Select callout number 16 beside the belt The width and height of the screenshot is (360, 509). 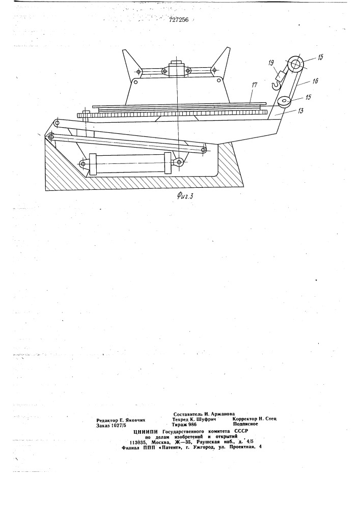click(315, 81)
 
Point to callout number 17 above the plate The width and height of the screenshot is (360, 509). click(254, 85)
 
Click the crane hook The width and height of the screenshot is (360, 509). click(275, 86)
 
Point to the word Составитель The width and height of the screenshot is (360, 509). click(188, 414)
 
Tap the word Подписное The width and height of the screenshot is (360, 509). click(245, 424)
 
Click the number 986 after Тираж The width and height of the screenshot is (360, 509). click(192, 425)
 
